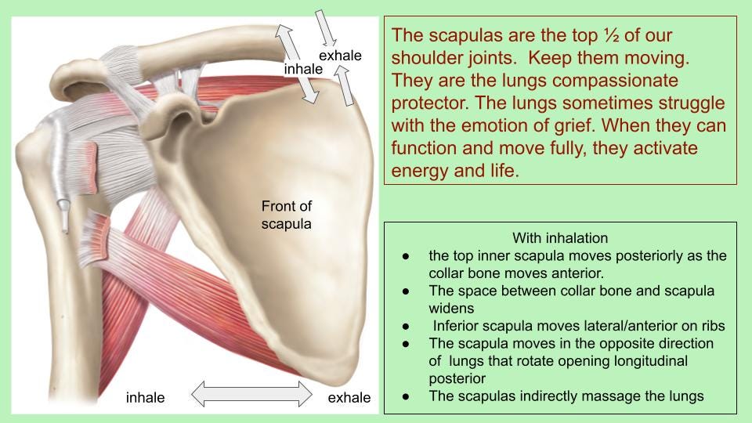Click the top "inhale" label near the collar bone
(x=303, y=69)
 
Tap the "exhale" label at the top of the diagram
(x=340, y=56)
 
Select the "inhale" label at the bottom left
(x=146, y=398)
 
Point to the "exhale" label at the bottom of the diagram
(x=349, y=398)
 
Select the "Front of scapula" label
(x=286, y=215)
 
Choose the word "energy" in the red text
(x=420, y=171)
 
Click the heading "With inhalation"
(x=560, y=237)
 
